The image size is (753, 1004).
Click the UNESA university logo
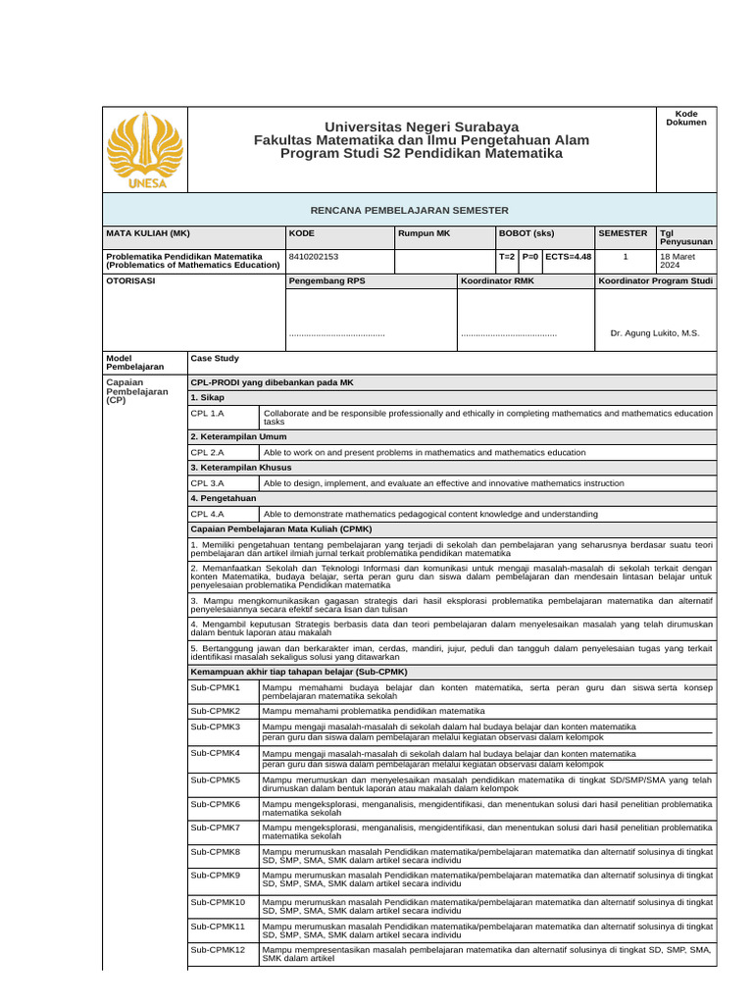tap(142, 150)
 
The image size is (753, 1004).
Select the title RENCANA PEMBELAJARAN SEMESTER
tap(410, 210)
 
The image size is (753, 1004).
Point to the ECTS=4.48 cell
tap(568, 257)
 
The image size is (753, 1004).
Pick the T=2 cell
tap(506, 257)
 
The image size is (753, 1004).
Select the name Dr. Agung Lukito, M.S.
tap(655, 333)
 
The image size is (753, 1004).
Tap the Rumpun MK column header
tap(425, 233)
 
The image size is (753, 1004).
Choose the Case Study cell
tap(215, 359)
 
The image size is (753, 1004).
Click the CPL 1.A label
tap(208, 415)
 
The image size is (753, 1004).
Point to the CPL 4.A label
tap(208, 513)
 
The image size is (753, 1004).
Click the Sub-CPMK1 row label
tap(216, 688)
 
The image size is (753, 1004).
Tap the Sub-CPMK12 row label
tap(219, 950)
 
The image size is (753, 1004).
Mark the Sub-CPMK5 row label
tap(216, 779)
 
